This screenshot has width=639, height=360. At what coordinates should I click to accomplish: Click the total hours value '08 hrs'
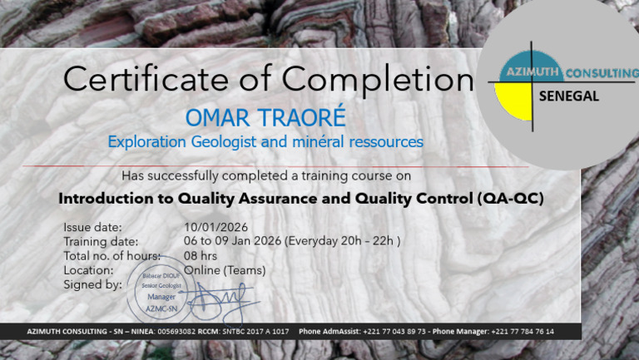coord(201,256)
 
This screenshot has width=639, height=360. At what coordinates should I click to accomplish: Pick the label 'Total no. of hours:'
coord(111,256)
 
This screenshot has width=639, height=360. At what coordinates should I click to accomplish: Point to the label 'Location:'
coord(88,270)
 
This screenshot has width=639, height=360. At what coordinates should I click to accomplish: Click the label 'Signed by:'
coord(92,284)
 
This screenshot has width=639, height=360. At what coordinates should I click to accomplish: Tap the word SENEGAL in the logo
coord(569,96)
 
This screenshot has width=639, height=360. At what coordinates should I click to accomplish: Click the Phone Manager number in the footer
coord(524,332)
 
